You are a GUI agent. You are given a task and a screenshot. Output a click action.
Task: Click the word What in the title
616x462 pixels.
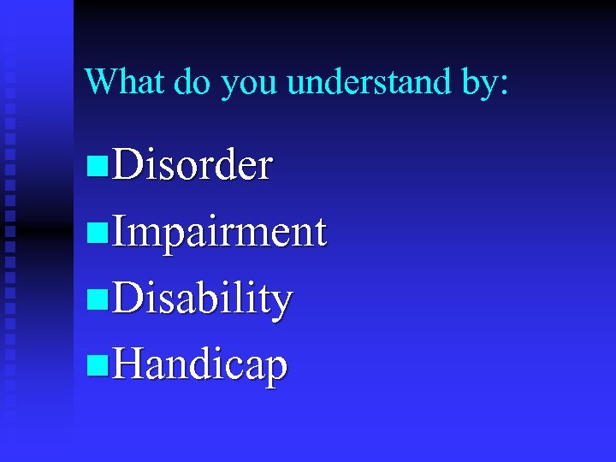coord(125,81)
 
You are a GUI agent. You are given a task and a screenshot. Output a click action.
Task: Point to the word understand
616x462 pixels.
coord(368,81)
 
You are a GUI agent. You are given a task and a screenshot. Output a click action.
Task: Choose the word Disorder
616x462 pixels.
coord(192,165)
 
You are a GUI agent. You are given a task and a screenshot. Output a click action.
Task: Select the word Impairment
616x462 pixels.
coord(219,232)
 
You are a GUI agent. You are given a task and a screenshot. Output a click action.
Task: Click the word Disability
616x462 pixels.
coord(203,299)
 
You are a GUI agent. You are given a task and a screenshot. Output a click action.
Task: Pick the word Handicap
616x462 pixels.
coord(200,365)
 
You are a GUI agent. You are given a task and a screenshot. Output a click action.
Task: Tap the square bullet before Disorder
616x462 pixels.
coord(98,168)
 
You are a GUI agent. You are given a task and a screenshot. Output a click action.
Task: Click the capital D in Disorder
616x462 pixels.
coord(127,165)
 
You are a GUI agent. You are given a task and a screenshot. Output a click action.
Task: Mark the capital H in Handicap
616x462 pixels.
coord(129,365)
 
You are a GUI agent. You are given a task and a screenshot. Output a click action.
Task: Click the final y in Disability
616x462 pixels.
coord(282,304)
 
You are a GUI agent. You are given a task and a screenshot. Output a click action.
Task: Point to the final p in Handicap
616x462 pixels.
coord(276,370)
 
